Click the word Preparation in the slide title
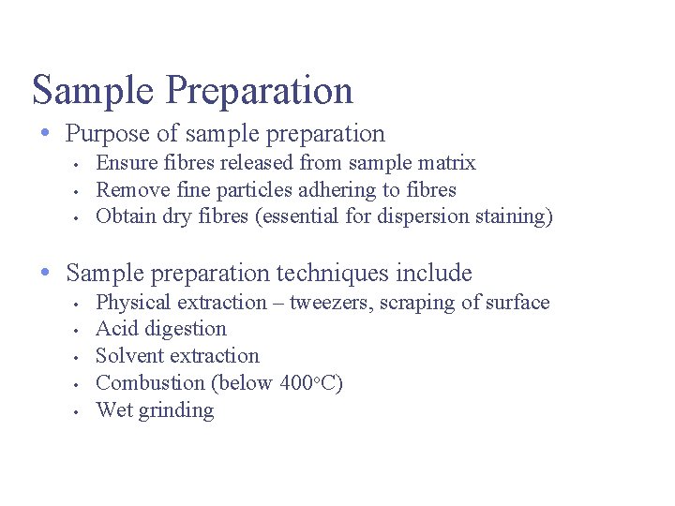260,91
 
